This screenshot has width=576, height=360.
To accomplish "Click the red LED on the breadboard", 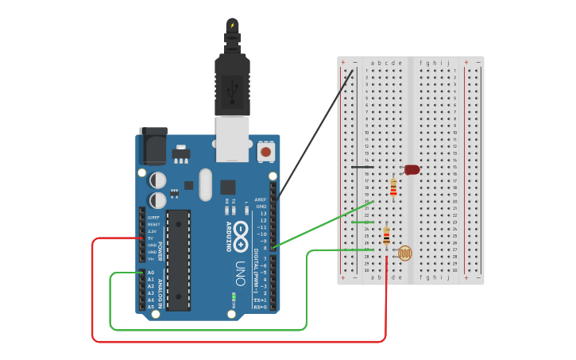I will click(x=412, y=169).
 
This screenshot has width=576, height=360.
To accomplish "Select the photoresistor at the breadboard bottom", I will click(x=405, y=254).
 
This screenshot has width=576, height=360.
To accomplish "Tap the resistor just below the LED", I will click(x=393, y=188).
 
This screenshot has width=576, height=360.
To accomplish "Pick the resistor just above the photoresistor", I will click(x=386, y=236).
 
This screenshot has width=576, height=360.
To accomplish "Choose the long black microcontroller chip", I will click(x=179, y=260).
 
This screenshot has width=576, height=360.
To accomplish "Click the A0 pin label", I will click(x=151, y=273).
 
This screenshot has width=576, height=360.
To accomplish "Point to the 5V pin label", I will click(x=151, y=238).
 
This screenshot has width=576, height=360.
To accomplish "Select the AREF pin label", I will click(x=261, y=199).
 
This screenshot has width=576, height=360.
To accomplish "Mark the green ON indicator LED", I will click(x=234, y=299).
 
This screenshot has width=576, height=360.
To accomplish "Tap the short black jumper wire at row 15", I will click(x=362, y=167).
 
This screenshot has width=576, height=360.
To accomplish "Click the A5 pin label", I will click(x=151, y=307).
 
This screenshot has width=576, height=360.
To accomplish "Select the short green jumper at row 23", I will click(x=362, y=223).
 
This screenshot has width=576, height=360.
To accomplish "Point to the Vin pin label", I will click(x=151, y=259).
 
